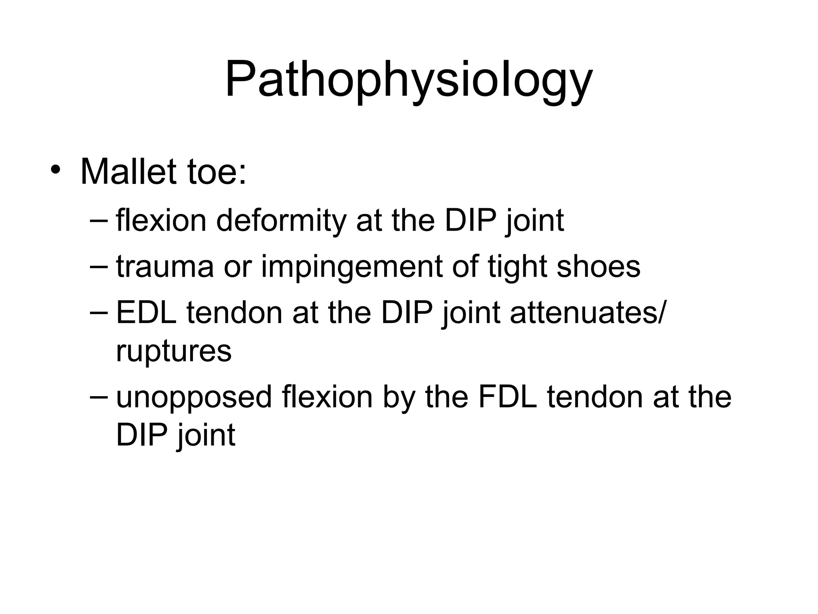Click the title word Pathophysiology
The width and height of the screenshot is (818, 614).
[x=409, y=80]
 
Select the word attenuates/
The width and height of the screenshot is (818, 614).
[x=588, y=313]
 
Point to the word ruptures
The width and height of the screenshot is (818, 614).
[x=174, y=351]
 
